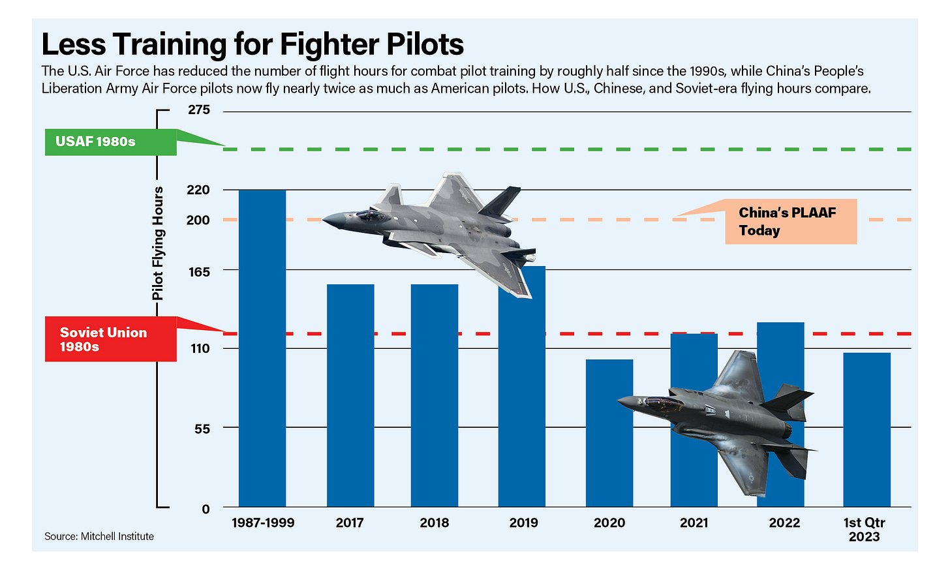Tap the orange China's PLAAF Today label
tap(790, 222)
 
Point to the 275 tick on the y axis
tap(199, 110)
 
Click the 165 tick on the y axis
tap(199, 271)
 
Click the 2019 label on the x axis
tap(523, 523)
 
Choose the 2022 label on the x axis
tap(784, 523)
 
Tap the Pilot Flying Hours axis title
tap(158, 243)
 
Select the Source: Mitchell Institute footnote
tap(99, 537)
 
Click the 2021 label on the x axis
tap(694, 523)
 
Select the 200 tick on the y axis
tap(198, 220)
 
